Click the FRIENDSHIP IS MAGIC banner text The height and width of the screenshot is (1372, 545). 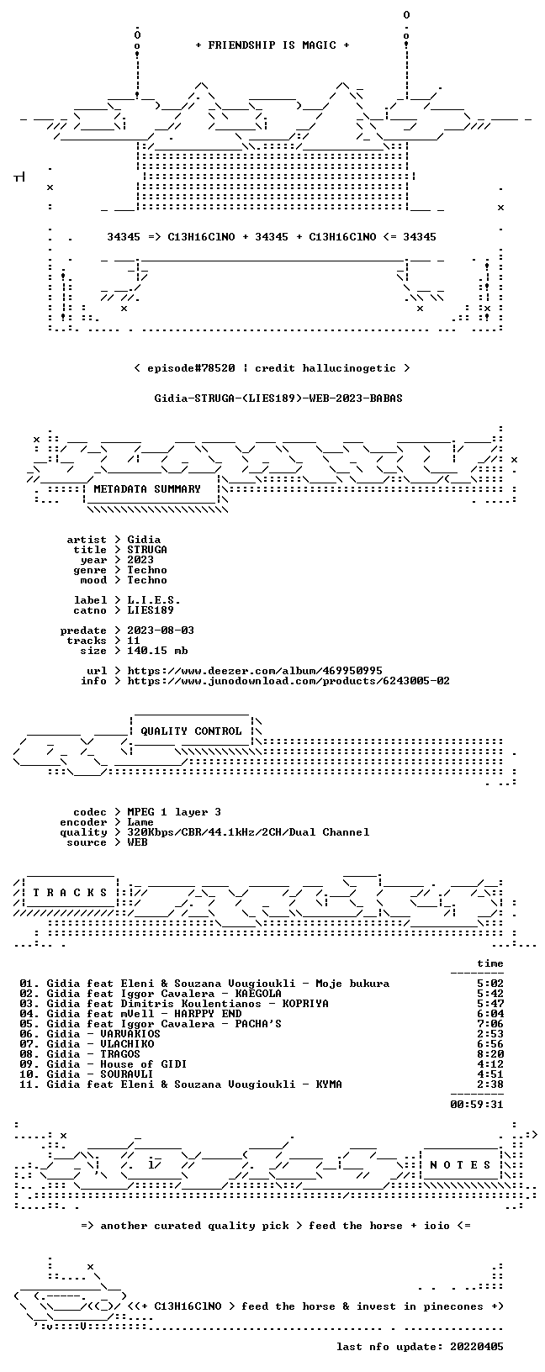click(x=272, y=45)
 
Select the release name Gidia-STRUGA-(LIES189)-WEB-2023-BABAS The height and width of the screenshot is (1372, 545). click(x=278, y=398)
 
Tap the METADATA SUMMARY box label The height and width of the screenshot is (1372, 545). click(x=147, y=488)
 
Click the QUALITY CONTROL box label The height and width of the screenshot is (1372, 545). click(x=191, y=731)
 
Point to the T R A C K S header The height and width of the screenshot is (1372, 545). click(x=70, y=893)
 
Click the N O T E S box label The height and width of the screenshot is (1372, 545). click(x=460, y=1164)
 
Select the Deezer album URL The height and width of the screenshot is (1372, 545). click(x=255, y=671)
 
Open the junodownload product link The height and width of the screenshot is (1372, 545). click(x=288, y=681)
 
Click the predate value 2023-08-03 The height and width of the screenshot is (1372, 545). click(x=161, y=631)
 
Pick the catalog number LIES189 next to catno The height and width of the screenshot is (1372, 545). click(x=151, y=610)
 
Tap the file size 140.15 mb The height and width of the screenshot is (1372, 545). click(x=157, y=651)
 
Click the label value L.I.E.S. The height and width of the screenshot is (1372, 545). click(x=154, y=600)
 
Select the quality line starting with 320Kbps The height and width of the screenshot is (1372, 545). click(x=248, y=831)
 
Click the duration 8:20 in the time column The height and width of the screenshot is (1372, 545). click(x=490, y=1054)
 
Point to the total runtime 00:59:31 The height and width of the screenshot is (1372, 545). click(x=477, y=1105)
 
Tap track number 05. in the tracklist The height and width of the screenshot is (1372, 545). click(x=29, y=1023)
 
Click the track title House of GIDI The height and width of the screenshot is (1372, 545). click(x=144, y=1064)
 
